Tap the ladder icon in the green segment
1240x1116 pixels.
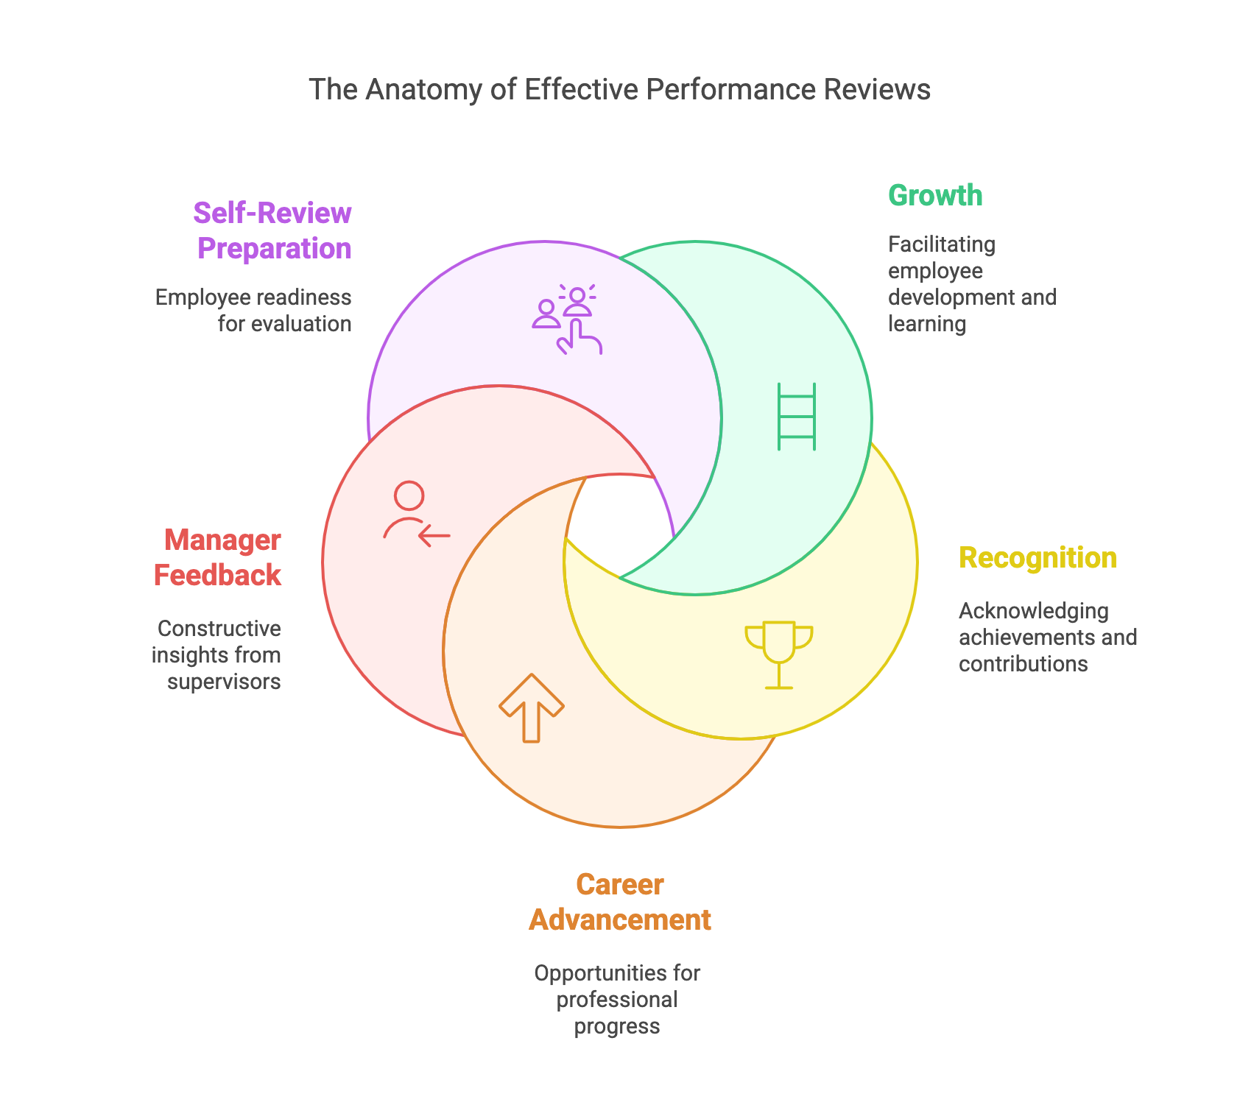click(797, 417)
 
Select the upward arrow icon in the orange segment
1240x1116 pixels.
click(532, 707)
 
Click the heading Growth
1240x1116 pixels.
click(935, 196)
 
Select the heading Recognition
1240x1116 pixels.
click(1038, 558)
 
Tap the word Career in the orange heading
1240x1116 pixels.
click(619, 885)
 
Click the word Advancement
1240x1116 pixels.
click(619, 920)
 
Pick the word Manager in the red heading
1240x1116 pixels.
click(222, 540)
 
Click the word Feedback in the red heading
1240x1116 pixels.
click(217, 576)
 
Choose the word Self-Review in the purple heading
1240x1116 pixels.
click(272, 213)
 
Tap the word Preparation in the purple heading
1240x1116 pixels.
click(275, 249)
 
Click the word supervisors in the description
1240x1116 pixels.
click(224, 682)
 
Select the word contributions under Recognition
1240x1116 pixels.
click(1023, 664)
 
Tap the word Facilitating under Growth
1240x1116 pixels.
click(941, 244)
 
